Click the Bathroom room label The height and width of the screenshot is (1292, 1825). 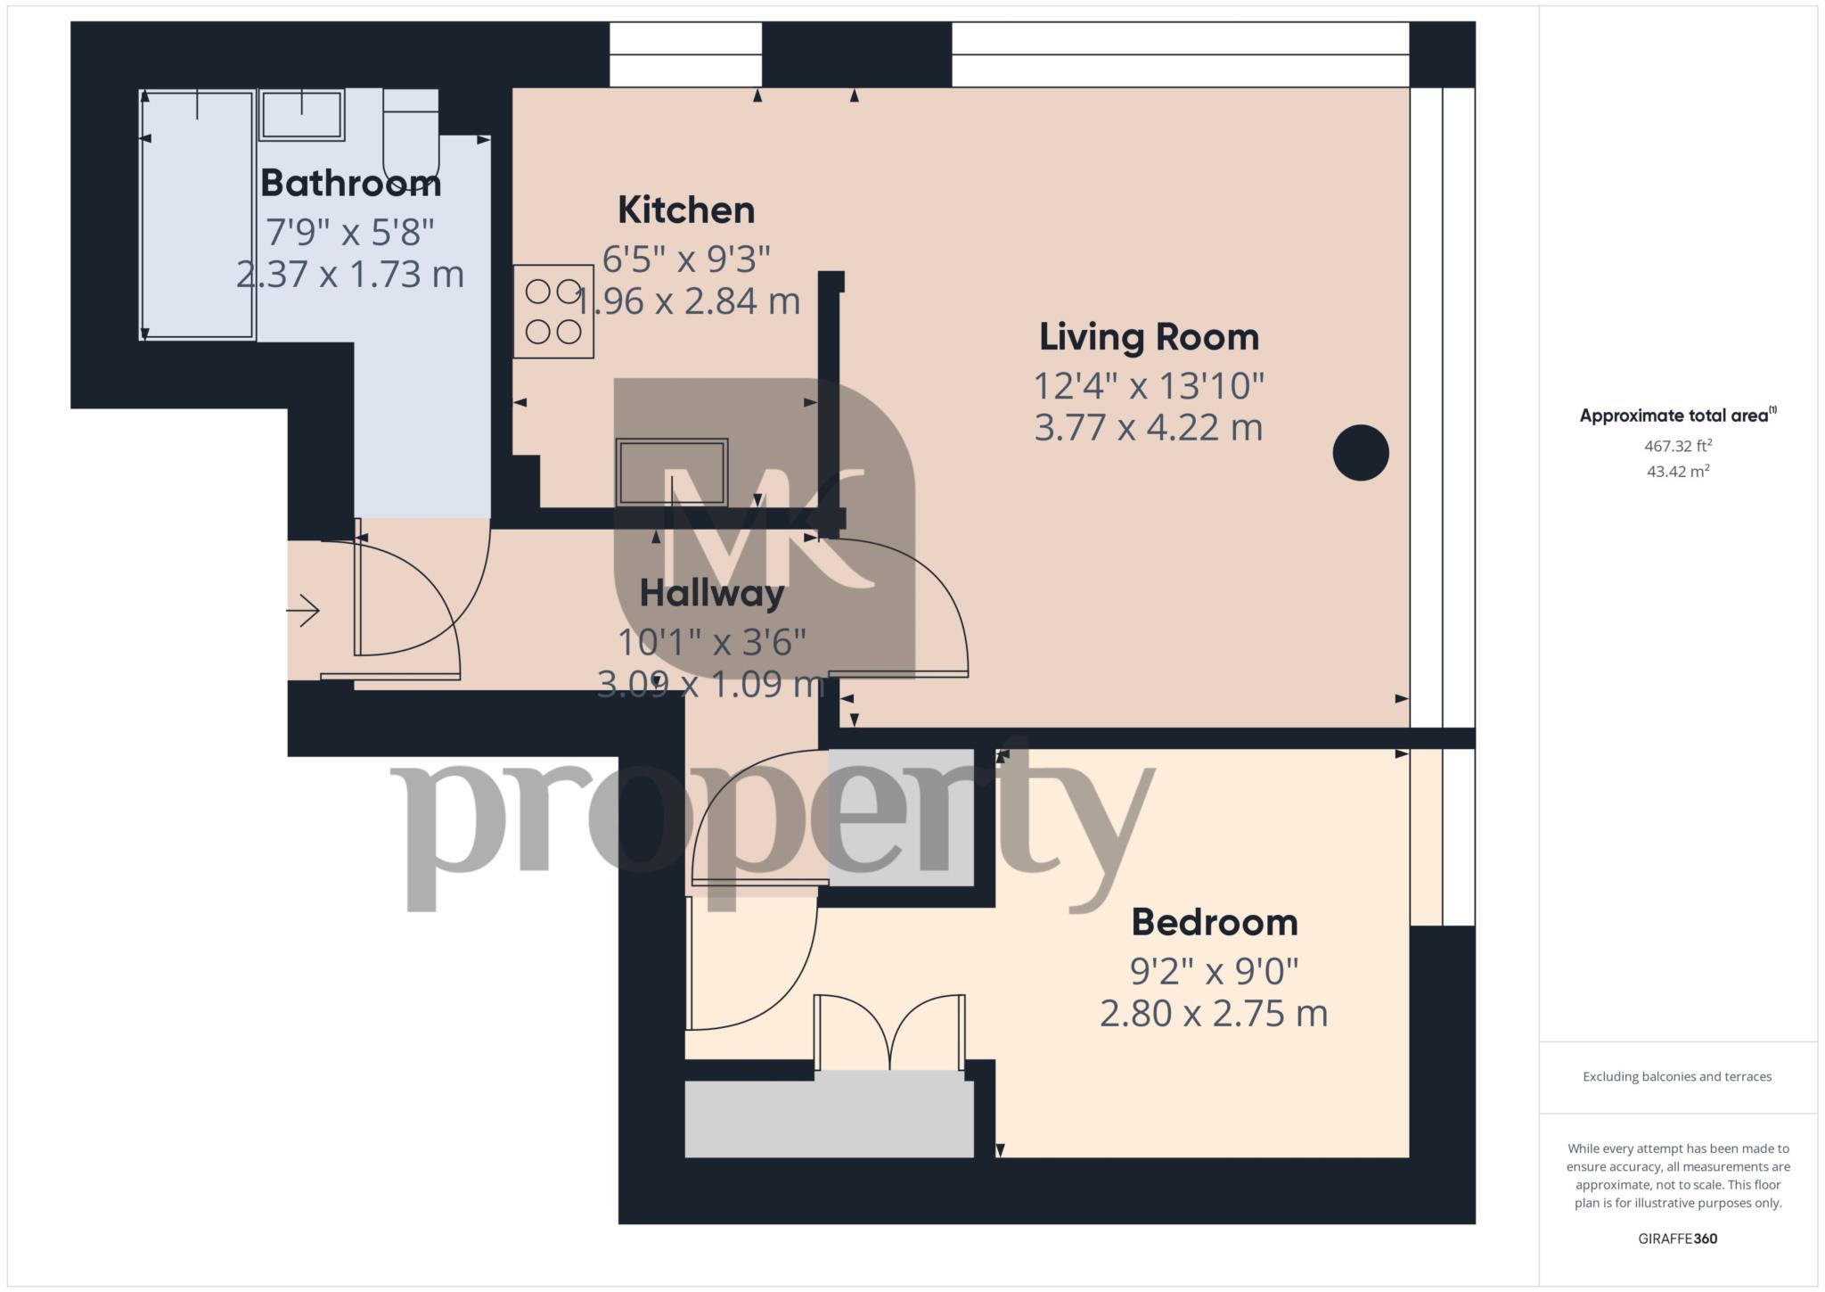click(x=350, y=183)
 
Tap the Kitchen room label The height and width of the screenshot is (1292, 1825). click(x=686, y=210)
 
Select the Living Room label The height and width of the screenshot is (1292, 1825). click(x=1149, y=337)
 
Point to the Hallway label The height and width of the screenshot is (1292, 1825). click(x=711, y=593)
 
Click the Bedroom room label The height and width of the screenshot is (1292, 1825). click(x=1214, y=922)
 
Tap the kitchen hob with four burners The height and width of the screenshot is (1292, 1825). click(x=553, y=311)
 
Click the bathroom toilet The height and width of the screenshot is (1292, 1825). click(x=411, y=134)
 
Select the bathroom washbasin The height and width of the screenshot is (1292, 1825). click(x=302, y=114)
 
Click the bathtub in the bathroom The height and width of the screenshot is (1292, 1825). click(x=198, y=214)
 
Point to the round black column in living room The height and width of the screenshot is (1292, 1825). click(x=1360, y=453)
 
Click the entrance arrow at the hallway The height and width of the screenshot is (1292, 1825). click(x=303, y=611)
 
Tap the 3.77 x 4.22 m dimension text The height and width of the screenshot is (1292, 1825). click(x=1148, y=428)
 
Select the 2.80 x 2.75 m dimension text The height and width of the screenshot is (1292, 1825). click(x=1214, y=1014)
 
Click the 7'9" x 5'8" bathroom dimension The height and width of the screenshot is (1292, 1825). click(x=350, y=233)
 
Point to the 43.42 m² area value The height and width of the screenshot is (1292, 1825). click(x=1677, y=472)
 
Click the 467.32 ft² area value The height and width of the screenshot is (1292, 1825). click(x=1677, y=446)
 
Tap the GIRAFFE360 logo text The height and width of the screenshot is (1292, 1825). click(x=1677, y=1239)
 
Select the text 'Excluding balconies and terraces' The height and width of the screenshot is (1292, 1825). click(x=1677, y=1076)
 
